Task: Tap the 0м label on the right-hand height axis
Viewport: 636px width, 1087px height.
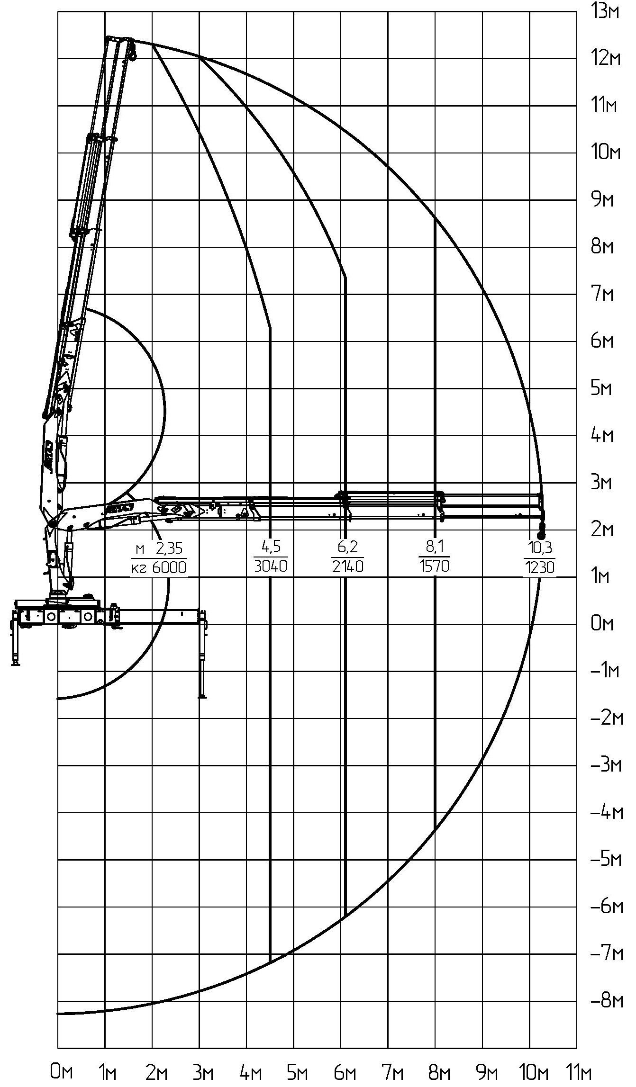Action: click(602, 624)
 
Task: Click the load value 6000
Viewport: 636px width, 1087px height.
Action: click(169, 567)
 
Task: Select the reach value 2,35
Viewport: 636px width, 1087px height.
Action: click(169, 548)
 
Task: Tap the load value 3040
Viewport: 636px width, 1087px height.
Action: click(271, 566)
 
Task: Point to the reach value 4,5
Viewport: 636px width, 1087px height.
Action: click(271, 547)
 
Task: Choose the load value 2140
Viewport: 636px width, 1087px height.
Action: click(348, 566)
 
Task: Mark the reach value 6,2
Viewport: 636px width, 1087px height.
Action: click(348, 548)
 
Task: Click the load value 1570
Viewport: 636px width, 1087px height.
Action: click(434, 566)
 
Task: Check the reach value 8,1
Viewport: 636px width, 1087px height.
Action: click(434, 547)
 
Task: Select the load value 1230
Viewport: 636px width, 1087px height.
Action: click(539, 567)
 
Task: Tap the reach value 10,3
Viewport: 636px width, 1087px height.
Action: click(540, 548)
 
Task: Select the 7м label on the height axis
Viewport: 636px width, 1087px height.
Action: click(602, 294)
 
